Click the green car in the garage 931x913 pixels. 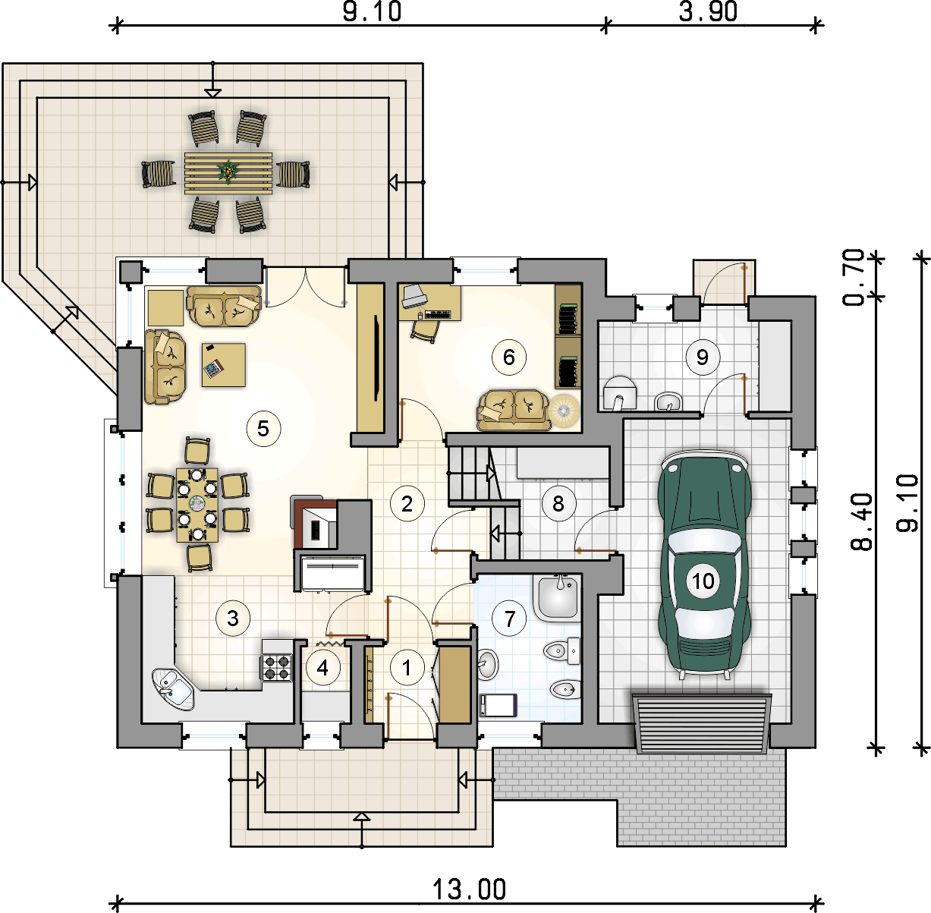tap(703, 565)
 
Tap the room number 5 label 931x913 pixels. tap(263, 428)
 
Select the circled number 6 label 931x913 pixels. tap(508, 357)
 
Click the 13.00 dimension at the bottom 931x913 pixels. tap(469, 889)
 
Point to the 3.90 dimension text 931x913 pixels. tap(708, 12)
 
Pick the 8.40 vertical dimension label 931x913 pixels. tap(861, 521)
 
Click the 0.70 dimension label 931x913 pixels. tap(853, 278)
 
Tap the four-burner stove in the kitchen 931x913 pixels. tap(277, 667)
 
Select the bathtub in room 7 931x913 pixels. tap(557, 599)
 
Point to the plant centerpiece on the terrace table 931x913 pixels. tap(228, 172)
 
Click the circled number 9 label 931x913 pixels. tap(703, 357)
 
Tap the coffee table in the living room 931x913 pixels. tap(224, 365)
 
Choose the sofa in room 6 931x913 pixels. tap(513, 411)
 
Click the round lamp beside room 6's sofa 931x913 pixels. tap(564, 411)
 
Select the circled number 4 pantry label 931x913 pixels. tap(322, 669)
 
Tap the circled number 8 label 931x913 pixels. tap(558, 504)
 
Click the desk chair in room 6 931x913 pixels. tap(426, 330)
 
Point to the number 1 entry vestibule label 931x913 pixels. tap(407, 668)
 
